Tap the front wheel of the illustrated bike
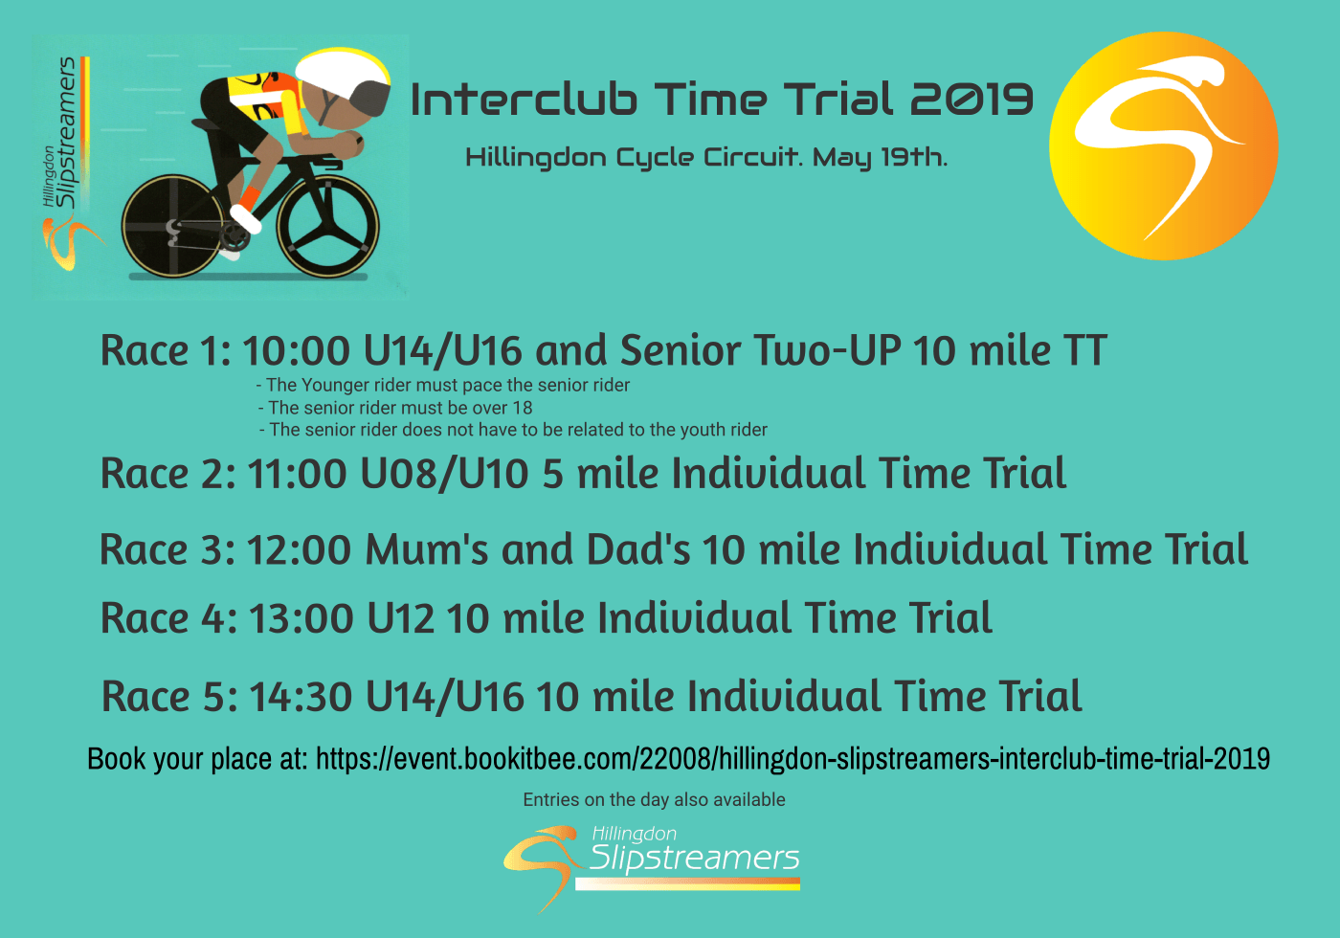coord(327,226)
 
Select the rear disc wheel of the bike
coord(173,226)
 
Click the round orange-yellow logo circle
coord(1164,145)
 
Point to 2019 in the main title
coord(971,100)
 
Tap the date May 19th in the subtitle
coord(880,157)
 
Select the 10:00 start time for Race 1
coord(296,350)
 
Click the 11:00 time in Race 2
coord(297,473)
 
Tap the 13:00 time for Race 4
coord(301,617)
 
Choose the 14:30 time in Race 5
coord(301,697)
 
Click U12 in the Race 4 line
coord(400,617)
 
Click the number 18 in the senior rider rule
coord(523,408)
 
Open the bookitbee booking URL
coord(793,759)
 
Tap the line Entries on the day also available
coord(654,800)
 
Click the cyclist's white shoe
coord(246,218)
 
